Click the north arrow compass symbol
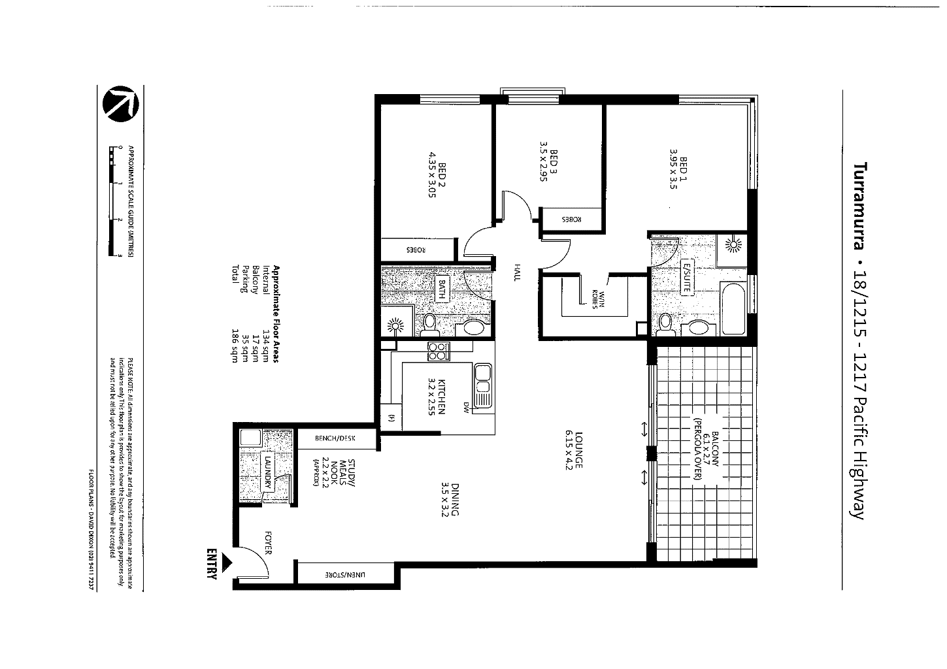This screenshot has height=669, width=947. (x=122, y=104)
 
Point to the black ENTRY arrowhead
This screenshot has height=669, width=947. (x=227, y=561)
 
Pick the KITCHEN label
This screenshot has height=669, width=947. (x=437, y=397)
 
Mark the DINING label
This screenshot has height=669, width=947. (x=450, y=499)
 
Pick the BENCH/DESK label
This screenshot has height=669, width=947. (x=335, y=439)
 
